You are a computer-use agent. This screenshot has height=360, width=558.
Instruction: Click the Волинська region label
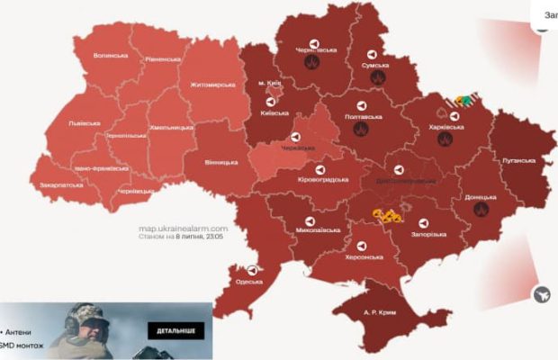click(111, 56)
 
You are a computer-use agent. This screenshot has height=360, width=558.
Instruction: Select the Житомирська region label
click(212, 85)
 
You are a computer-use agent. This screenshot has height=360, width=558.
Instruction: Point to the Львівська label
click(87, 123)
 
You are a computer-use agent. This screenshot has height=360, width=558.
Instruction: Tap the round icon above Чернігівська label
click(314, 41)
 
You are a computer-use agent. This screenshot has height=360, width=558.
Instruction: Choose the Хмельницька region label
click(169, 128)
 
